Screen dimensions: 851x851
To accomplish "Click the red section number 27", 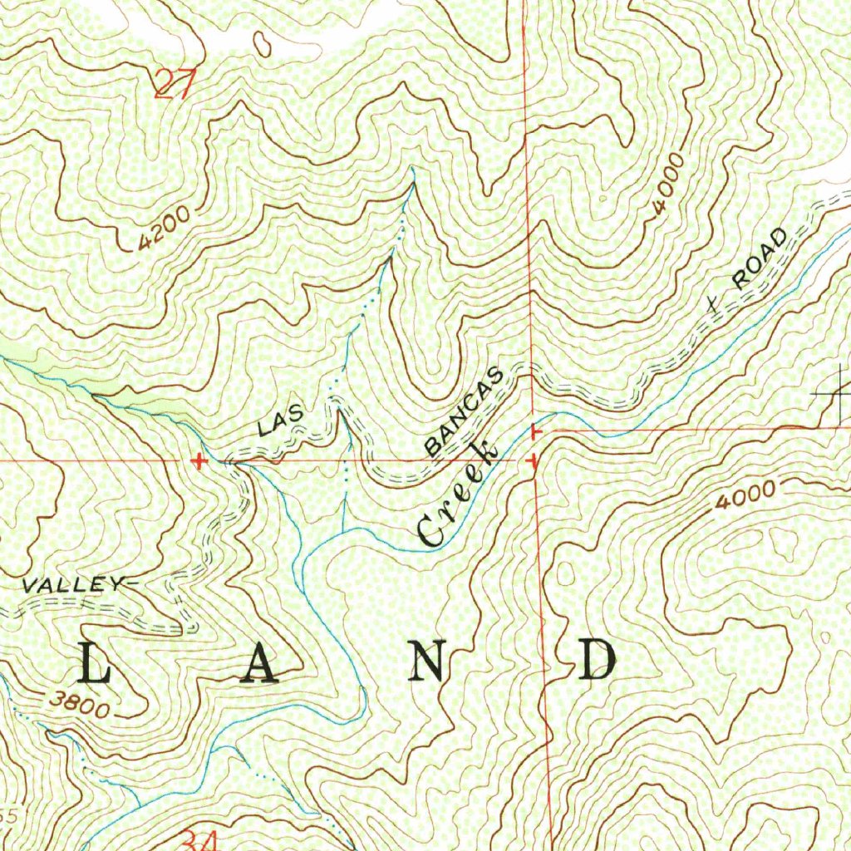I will [x=175, y=85].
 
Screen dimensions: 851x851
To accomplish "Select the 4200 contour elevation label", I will [x=165, y=228].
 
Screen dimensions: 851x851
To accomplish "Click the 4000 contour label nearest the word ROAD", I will [x=668, y=184].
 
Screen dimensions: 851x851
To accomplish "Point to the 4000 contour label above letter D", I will [x=749, y=497].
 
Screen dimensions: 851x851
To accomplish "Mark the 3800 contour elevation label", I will [x=78, y=705].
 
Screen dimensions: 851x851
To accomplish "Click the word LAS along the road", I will [x=282, y=421].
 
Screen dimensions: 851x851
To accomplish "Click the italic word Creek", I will [x=458, y=494].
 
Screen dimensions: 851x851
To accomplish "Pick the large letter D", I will [x=598, y=662].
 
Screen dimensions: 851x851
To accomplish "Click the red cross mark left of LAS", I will [x=198, y=460].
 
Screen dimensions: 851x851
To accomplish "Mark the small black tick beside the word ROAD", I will [x=711, y=304].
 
